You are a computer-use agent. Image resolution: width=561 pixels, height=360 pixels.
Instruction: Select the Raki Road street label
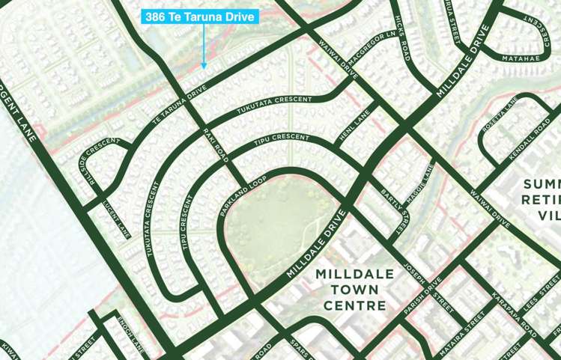tap(215, 144)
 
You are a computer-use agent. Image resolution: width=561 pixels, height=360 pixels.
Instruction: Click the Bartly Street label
tap(394, 204)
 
